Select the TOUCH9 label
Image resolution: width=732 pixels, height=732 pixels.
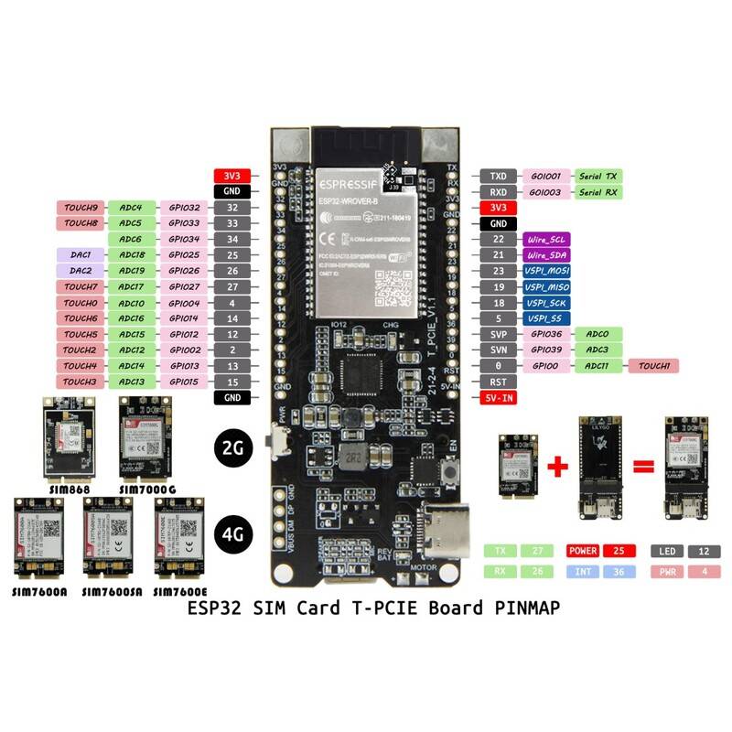click(81, 208)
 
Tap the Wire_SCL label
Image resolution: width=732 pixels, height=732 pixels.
click(545, 239)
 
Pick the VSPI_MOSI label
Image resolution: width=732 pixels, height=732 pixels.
click(547, 271)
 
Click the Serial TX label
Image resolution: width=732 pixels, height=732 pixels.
click(599, 175)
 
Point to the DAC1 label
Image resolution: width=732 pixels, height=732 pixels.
click(81, 254)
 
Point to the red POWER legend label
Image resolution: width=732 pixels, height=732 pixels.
click(584, 552)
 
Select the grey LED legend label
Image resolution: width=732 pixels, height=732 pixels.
click(666, 552)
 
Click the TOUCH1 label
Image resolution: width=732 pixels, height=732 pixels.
click(652, 366)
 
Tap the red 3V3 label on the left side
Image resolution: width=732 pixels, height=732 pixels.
click(226, 176)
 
